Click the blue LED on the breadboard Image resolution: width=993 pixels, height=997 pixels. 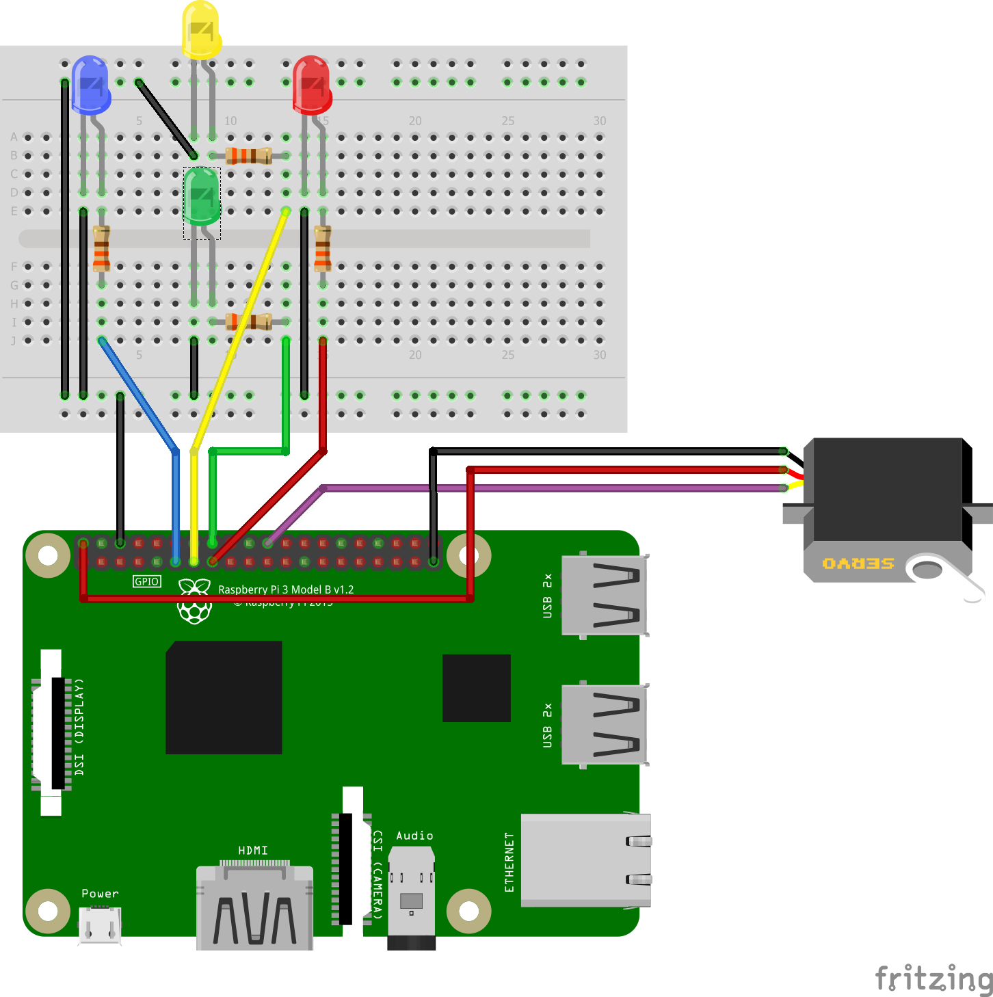(x=91, y=84)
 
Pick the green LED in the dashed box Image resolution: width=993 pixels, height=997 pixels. (x=202, y=196)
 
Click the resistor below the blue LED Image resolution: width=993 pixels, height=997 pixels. (x=101, y=248)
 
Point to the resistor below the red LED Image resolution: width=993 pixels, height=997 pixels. (x=322, y=248)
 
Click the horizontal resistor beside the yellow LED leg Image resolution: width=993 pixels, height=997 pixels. (x=249, y=156)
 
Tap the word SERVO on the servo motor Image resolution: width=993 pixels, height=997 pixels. (x=858, y=563)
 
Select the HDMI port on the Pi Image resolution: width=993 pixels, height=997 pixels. (x=254, y=906)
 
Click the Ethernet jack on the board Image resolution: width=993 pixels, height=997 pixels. (x=585, y=860)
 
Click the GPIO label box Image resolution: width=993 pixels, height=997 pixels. (x=147, y=581)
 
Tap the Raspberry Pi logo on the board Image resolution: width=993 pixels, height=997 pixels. (x=194, y=602)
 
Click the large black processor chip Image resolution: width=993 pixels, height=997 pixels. (x=224, y=697)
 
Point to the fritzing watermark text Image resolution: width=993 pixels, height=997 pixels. (x=934, y=978)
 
